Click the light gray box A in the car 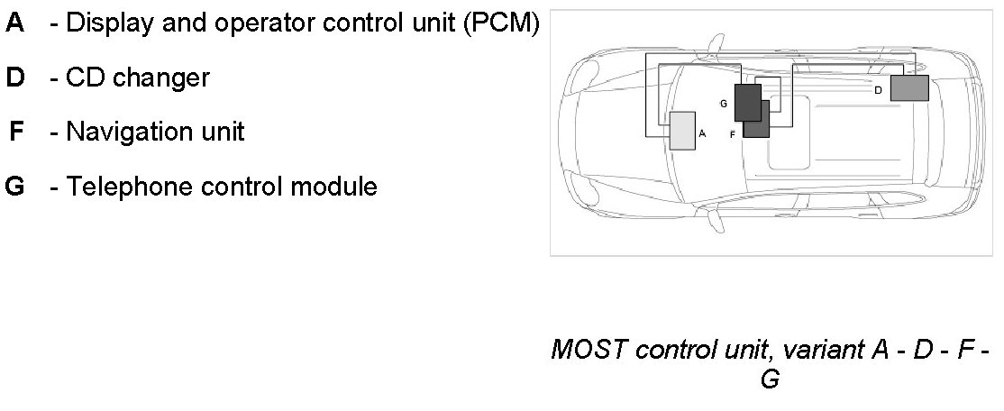pyautogui.click(x=682, y=130)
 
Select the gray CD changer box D pyautogui.click(x=908, y=88)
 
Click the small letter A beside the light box pyautogui.click(x=702, y=132)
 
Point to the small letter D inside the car pyautogui.click(x=878, y=90)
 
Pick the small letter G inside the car pyautogui.click(x=723, y=104)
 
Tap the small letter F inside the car pyautogui.click(x=733, y=133)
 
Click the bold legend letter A pyautogui.click(x=15, y=23)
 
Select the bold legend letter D pyautogui.click(x=15, y=78)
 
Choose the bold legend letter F pyautogui.click(x=16, y=132)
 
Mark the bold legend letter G pyautogui.click(x=15, y=187)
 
